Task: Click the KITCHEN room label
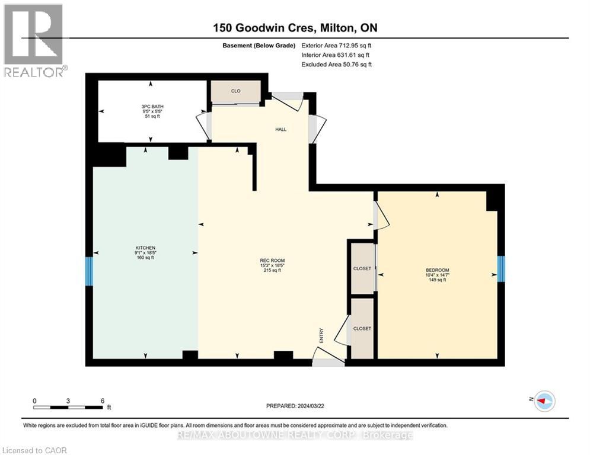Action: point(145,248)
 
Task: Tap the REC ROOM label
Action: point(272,261)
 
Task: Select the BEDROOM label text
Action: point(437,270)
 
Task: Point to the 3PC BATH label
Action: point(152,107)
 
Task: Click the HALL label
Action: point(280,129)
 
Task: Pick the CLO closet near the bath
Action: point(235,91)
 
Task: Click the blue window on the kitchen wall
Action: point(89,271)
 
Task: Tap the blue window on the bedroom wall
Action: point(501,269)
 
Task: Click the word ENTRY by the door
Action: point(321,335)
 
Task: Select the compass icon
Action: point(545,401)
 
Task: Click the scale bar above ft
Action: point(68,407)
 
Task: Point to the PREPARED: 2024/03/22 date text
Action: point(295,406)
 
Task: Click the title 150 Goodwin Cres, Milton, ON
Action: point(295,28)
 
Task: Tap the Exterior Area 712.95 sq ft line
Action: point(336,46)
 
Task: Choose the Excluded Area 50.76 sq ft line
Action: point(336,65)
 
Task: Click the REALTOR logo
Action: point(34,41)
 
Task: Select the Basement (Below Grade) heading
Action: point(259,46)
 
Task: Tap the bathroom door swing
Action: point(203,127)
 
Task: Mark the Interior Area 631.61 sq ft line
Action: point(335,55)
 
